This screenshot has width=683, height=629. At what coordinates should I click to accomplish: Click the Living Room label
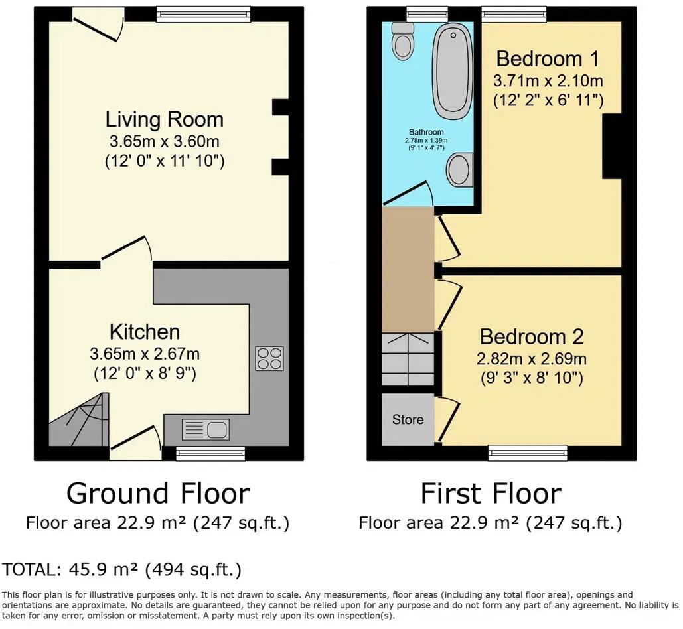point(165,120)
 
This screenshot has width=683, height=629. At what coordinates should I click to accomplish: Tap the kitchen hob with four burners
point(269,358)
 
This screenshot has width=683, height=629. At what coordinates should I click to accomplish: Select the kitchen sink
point(205,430)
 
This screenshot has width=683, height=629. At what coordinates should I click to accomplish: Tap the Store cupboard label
point(408,420)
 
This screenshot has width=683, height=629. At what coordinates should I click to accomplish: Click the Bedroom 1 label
point(548,59)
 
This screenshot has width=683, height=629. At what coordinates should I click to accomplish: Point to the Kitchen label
point(145,331)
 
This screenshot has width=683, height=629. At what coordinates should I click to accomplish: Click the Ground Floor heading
point(158,494)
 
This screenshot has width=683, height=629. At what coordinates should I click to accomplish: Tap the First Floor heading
point(491,494)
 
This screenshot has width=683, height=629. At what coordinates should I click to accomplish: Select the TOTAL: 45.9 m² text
point(121,569)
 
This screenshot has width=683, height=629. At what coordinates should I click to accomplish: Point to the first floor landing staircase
point(408,358)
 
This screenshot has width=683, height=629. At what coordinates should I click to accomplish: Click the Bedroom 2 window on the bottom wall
point(528,453)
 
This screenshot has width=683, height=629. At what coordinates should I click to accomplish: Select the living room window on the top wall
point(203,14)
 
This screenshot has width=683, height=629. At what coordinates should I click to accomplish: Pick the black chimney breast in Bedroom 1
point(611,146)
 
